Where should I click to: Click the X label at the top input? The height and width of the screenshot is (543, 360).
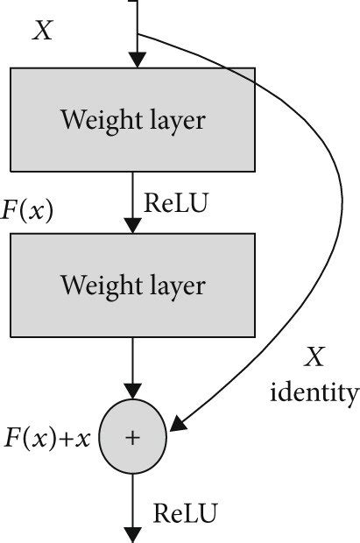(42, 32)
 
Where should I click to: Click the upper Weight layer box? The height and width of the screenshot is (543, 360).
(132, 121)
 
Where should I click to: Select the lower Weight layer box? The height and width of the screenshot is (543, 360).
(132, 285)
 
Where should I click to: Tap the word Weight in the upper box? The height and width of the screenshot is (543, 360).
(95, 120)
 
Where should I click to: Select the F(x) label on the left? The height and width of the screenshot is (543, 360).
(27, 213)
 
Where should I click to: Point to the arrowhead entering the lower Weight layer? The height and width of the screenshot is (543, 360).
(133, 225)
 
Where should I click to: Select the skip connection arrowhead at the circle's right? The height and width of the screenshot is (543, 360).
(177, 427)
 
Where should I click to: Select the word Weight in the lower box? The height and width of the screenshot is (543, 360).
(95, 285)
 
